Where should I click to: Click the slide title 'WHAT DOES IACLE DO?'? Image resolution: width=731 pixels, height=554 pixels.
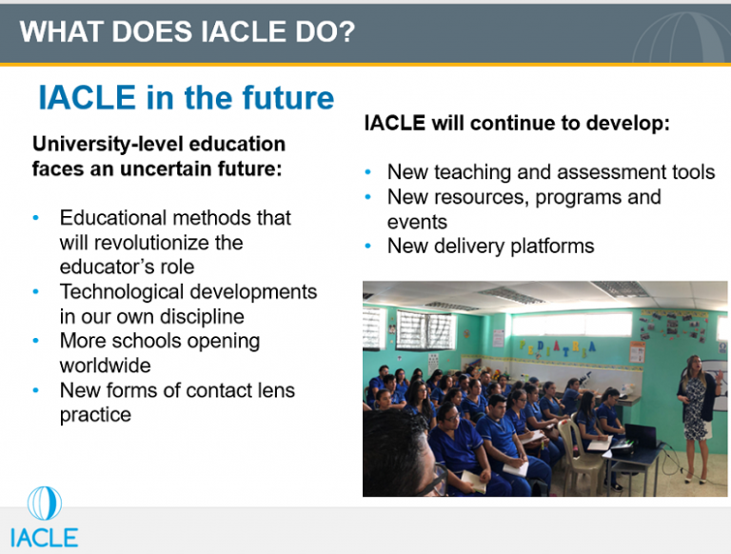coord(188,32)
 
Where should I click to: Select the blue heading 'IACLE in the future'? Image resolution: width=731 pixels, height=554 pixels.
coord(186,97)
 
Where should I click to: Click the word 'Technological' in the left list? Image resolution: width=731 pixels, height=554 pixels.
coord(119,292)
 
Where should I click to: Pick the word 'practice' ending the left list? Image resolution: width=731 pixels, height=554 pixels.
coord(95,415)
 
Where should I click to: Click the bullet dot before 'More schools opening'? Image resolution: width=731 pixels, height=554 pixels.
coord(36,341)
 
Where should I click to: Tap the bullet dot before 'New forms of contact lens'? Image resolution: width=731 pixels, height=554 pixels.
coord(36,390)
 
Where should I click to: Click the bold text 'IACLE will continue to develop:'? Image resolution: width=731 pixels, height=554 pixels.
coord(518,124)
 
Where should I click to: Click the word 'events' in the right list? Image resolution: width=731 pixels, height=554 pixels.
coord(417,222)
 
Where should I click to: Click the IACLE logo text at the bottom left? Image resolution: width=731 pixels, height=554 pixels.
coord(44,536)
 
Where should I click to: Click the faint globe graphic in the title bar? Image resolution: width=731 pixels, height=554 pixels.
coord(682,38)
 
